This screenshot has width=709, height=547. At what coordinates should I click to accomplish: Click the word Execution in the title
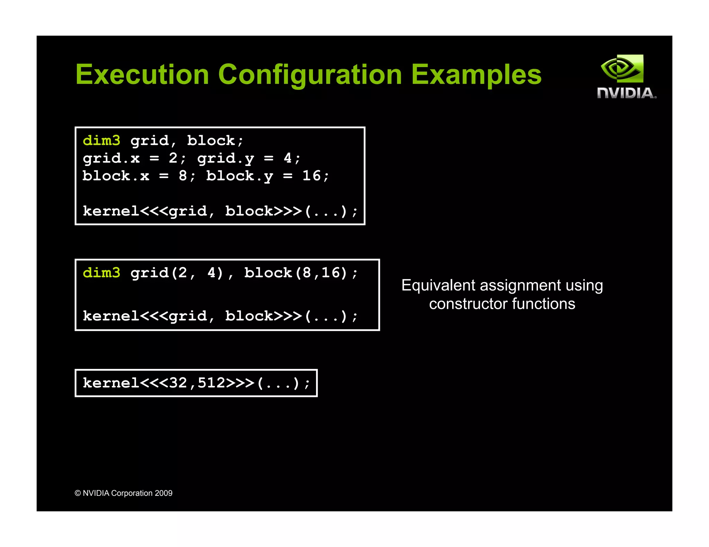point(142,74)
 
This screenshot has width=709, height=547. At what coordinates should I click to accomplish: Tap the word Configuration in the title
point(310,74)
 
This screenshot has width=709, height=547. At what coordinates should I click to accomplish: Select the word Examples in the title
point(476,74)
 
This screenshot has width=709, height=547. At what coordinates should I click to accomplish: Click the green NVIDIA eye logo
point(622,68)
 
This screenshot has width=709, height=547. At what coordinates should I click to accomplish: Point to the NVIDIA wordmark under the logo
point(626,93)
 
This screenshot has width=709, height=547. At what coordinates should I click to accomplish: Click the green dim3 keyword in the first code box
point(101,141)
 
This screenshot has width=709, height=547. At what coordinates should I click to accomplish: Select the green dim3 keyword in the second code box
point(101,273)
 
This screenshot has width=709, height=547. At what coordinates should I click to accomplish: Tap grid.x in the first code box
point(111,158)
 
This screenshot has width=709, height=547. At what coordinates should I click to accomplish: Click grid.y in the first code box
point(226,158)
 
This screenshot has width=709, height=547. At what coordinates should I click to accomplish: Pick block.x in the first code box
point(116,176)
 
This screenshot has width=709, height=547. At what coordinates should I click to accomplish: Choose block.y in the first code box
point(240,176)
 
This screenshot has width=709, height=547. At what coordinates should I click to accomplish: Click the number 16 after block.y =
point(312,176)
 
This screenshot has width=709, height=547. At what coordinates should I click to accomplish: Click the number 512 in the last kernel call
point(212,383)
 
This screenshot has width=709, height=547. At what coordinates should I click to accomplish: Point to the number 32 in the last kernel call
point(178,383)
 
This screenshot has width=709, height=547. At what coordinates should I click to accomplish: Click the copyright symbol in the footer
point(78,493)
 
